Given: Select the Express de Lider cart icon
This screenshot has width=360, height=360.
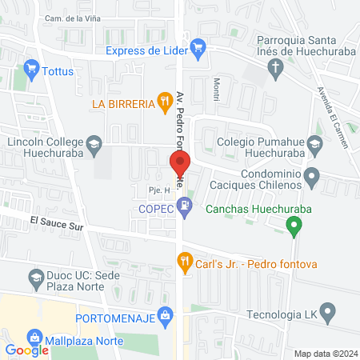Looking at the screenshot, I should point(198,49).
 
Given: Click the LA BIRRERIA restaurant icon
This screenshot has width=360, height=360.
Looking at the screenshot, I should point(164,101).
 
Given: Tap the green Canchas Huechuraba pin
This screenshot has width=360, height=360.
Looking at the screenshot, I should point(294,227).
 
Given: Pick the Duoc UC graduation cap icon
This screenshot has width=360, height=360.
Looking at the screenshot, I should point(36,279).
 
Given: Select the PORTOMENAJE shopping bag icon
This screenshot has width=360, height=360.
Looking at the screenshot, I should point(165,314).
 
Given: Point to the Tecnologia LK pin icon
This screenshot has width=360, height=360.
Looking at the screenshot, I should point(326,311).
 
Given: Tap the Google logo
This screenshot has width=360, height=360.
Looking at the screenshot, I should point(26,350).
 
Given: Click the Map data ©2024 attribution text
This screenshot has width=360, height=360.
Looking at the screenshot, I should point(323,354).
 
